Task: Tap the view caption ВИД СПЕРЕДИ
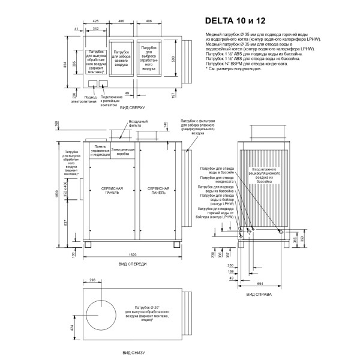click(x=133, y=264)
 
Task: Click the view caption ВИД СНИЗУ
click(x=133, y=353)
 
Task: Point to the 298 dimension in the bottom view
click(x=92, y=280)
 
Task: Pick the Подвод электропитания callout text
click(x=91, y=98)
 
